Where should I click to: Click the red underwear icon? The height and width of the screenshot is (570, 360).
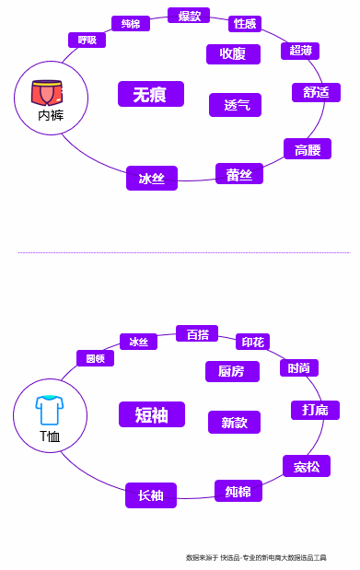pos(47,92)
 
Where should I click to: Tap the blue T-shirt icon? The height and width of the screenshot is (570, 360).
pos(49,410)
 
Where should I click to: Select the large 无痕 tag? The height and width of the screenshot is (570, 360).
pos(150,94)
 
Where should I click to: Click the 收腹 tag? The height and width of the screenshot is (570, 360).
pos(233,53)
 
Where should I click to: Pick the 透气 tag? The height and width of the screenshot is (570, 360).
pos(235,105)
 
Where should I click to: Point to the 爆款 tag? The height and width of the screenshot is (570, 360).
pos(189,16)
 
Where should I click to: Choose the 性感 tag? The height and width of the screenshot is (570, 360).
pos(245,23)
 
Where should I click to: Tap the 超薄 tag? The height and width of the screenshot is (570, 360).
pos(300,51)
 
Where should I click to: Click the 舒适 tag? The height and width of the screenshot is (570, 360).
pos(316,92)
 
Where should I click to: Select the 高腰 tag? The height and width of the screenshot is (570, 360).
pos(308,149)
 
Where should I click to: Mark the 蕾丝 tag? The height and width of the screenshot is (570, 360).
pos(239,174)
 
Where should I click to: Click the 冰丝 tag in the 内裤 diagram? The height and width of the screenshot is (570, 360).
pos(152,179)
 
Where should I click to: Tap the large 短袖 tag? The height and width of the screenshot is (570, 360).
pos(152,414)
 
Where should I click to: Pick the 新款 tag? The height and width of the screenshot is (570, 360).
pos(234,422)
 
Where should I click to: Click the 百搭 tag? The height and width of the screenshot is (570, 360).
pos(197,333)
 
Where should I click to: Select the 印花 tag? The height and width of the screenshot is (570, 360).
pos(252,342)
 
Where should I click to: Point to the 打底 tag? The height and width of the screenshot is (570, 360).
pos(315,410)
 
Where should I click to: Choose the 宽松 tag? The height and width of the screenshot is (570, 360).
pos(307,466)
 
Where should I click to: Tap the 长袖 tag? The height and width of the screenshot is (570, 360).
pos(151,495)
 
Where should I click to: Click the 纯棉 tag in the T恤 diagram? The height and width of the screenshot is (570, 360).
pos(238,491)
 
